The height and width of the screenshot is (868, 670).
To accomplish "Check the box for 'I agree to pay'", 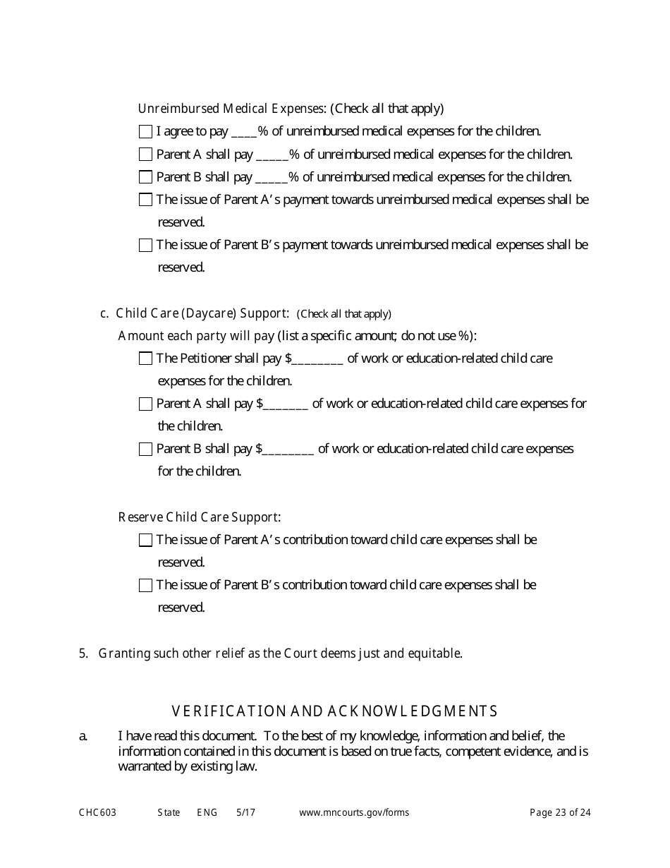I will pyautogui.click(x=145, y=131).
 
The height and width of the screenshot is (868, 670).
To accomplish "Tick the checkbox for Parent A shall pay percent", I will pyautogui.click(x=145, y=154).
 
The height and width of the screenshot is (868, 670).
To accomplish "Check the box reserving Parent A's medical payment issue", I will pyautogui.click(x=145, y=200).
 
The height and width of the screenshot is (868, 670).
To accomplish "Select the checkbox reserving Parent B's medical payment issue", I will pyautogui.click(x=145, y=245).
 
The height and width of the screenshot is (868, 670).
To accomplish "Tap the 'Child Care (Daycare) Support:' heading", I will pyautogui.click(x=202, y=313).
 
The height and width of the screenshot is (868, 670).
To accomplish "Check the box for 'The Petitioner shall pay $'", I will pyautogui.click(x=145, y=358).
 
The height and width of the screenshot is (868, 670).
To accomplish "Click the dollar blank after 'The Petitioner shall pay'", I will pyautogui.click(x=317, y=359).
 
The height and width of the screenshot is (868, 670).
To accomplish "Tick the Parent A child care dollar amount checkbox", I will pyautogui.click(x=145, y=404).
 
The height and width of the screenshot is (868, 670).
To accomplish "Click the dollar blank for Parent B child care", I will pyautogui.click(x=288, y=450).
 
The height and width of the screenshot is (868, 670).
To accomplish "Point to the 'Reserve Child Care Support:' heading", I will pyautogui.click(x=200, y=517).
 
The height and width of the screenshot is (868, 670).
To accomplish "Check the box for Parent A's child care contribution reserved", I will pyautogui.click(x=145, y=540).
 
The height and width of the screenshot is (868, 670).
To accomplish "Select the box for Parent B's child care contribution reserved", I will pyautogui.click(x=145, y=585).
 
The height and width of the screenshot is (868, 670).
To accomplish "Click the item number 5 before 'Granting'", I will pyautogui.click(x=83, y=653).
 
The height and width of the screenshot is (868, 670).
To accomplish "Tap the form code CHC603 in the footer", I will pyautogui.click(x=97, y=813).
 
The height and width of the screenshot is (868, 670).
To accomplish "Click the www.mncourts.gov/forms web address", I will pyautogui.click(x=353, y=813).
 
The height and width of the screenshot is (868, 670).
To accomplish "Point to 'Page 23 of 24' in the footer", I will pyautogui.click(x=560, y=813).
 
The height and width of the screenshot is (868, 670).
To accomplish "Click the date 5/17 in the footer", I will pyautogui.click(x=245, y=813).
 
